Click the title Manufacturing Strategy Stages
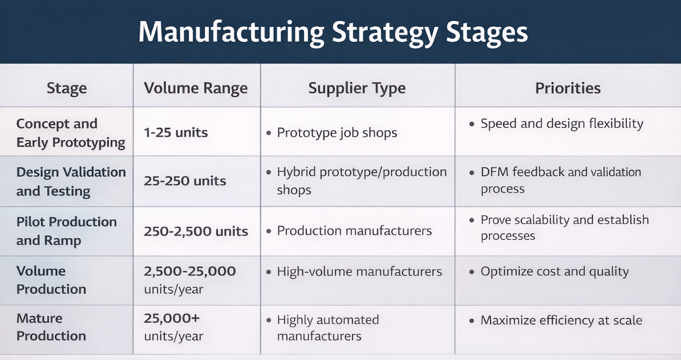pos(333,33)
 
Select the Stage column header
pos(66,88)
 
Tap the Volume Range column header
pos(195,88)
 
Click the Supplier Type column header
pos(357,88)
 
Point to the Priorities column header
pos(568,88)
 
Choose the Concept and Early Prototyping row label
pos(70,133)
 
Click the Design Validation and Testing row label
pos(70,181)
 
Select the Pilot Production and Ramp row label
pos(66,231)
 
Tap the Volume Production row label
pos(51,280)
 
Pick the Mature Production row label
pos(51,327)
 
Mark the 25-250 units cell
pos(185,181)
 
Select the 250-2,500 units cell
pos(196,231)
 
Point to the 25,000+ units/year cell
pos(173,327)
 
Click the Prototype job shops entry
pos(337,133)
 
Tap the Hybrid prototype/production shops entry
pos(361,181)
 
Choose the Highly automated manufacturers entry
pos(327,328)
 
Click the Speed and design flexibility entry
pos(562,123)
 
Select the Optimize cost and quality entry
pos(554,272)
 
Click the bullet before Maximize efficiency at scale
pos(472,321)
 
